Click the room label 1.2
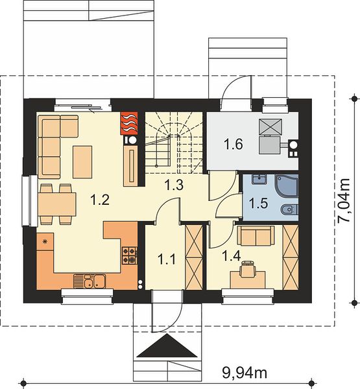100,200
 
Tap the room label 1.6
233,145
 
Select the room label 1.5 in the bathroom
258,203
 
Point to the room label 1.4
232,256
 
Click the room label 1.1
167,260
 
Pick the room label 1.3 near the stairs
174,185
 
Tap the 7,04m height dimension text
344,200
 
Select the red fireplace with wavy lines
129,123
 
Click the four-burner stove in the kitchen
130,255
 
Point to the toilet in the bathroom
290,210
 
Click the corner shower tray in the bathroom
287,186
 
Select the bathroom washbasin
259,179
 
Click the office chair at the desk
247,268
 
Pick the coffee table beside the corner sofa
82,161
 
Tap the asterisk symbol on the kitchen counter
45,241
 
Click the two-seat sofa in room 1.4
256,235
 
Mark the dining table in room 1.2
57,204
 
